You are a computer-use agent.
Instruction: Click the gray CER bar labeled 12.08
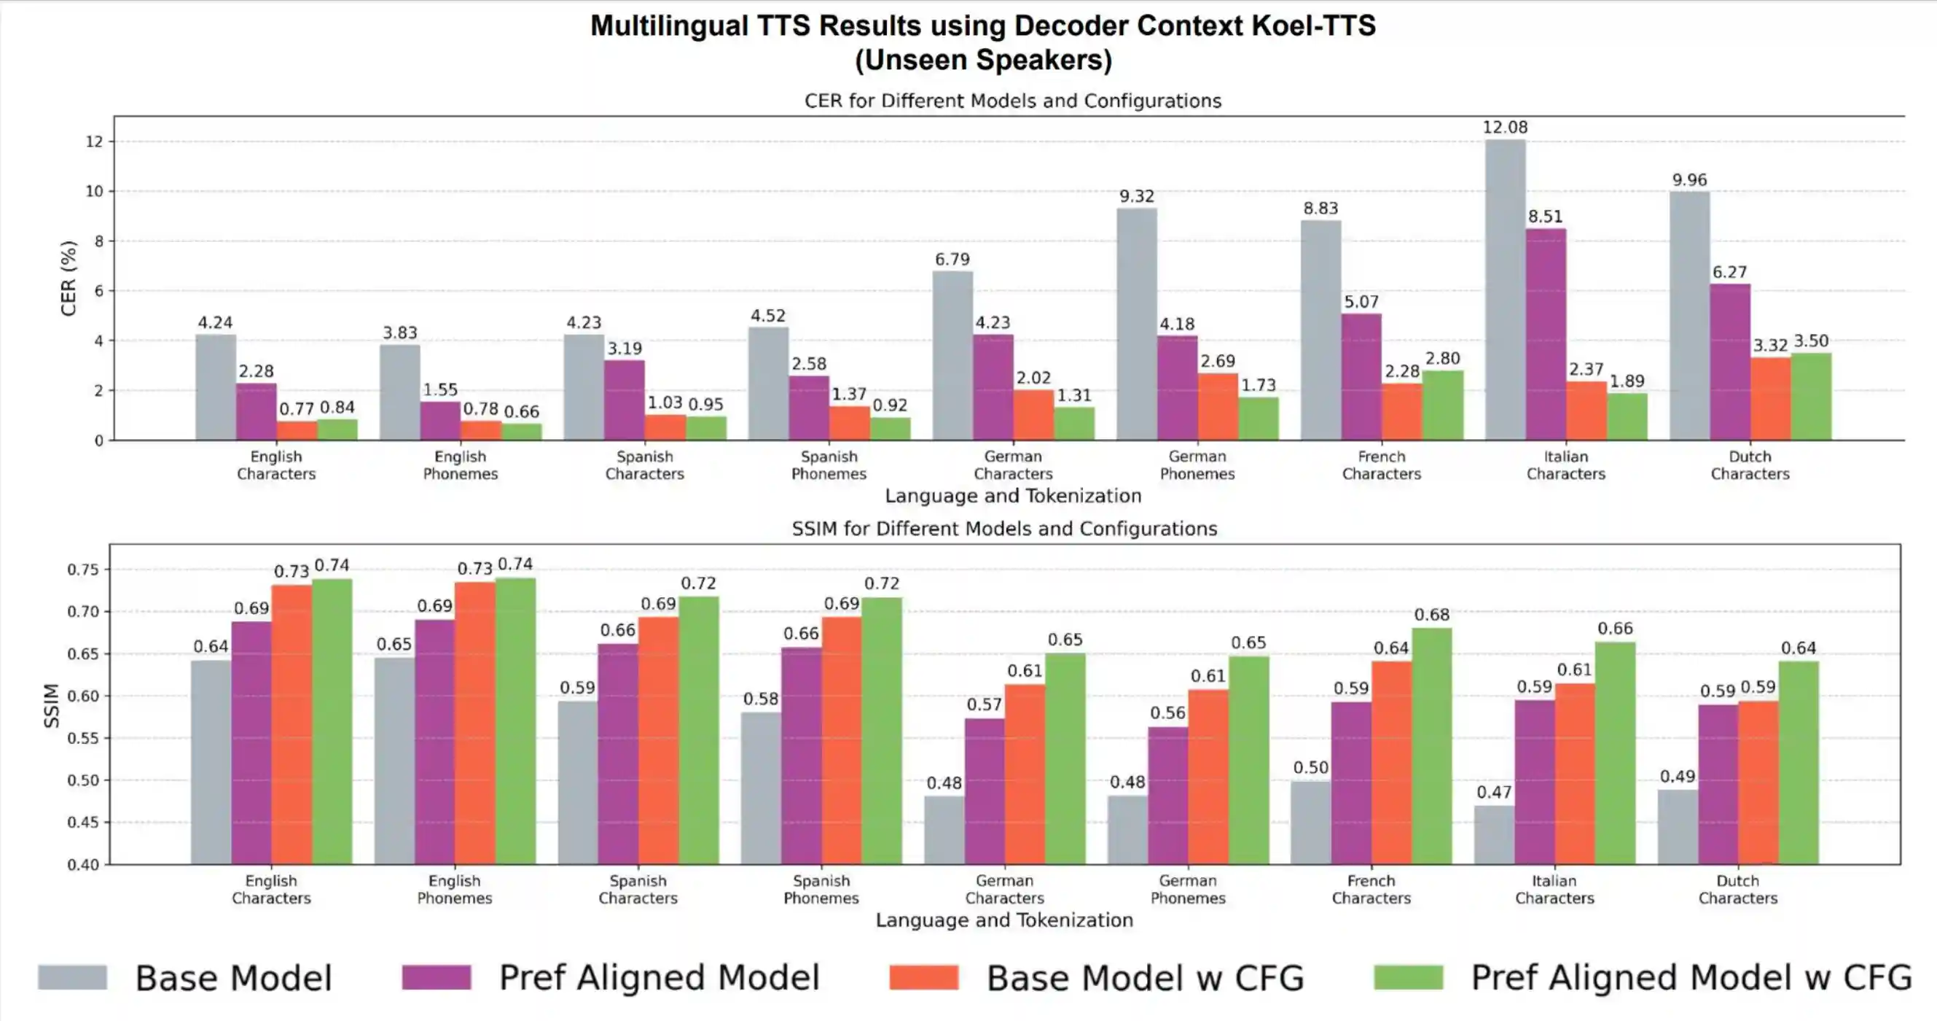point(1506,290)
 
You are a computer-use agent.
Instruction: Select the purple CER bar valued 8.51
point(1546,335)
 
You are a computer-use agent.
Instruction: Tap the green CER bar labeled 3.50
point(1811,397)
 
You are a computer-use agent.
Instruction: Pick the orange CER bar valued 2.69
point(1218,406)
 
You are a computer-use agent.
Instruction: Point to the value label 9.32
point(1136,196)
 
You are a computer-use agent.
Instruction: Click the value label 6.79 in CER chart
point(952,260)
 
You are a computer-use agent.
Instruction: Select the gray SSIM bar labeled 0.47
point(1494,834)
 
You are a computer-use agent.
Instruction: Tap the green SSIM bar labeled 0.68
point(1432,745)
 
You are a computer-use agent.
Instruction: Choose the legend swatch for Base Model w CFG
point(923,977)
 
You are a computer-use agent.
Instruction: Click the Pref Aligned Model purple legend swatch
point(436,977)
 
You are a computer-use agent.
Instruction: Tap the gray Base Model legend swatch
point(72,977)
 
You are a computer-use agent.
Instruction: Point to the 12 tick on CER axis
point(94,141)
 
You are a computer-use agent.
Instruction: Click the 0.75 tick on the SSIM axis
point(83,570)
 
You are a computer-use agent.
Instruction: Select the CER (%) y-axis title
point(69,279)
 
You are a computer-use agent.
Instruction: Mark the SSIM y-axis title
point(51,705)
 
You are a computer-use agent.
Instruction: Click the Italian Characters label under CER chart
point(1565,465)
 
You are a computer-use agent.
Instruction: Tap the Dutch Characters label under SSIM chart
point(1738,889)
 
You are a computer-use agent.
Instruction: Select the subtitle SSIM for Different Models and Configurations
point(1003,529)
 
